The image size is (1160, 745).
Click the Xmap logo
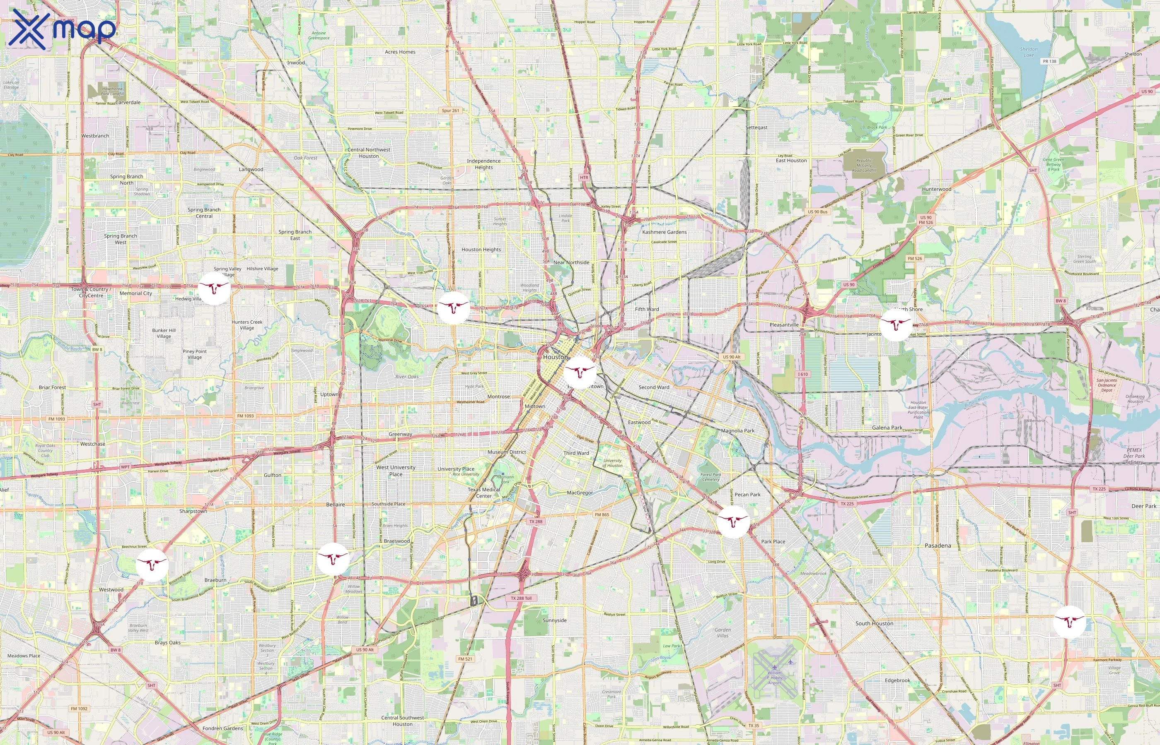point(63,29)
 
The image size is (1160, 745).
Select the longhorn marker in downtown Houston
point(580,372)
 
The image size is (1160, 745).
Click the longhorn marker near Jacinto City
point(895,324)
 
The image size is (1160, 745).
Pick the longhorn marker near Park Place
point(733,521)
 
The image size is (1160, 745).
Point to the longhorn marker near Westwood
point(152,565)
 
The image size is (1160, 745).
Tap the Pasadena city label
point(938,545)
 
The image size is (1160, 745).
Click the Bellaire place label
point(336,504)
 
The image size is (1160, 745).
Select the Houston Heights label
point(481,250)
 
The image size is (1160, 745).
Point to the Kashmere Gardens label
point(664,232)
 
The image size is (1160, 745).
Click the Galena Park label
point(887,428)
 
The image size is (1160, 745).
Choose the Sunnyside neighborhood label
point(554,620)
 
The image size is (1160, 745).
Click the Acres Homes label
point(400,52)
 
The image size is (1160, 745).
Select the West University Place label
point(396,471)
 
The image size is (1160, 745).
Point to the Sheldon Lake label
point(1029,52)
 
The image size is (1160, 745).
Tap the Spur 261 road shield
point(450,110)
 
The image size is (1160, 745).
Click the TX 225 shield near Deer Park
point(1099,489)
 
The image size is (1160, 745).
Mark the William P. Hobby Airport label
point(775,677)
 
